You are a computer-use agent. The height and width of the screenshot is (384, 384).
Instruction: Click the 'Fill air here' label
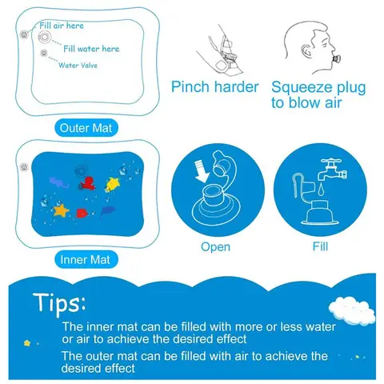(61, 26)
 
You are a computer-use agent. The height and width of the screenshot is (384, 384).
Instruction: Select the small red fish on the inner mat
(81, 212)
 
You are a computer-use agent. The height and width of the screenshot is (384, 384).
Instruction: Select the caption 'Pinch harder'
(215, 87)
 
